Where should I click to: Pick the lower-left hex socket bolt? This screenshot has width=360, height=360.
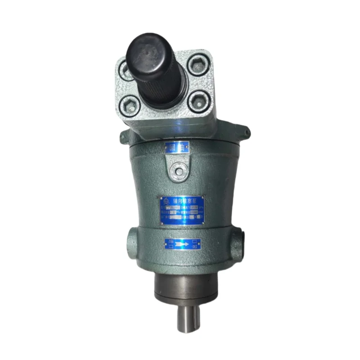[x=130, y=106]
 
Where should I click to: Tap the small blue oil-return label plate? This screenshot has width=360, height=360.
[x=177, y=147]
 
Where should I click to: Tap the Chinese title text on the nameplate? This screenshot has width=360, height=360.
[x=184, y=201]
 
